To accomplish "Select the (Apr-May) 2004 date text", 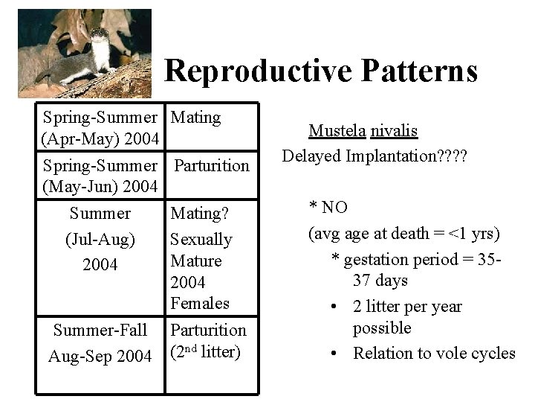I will pyautogui.click(x=100, y=139).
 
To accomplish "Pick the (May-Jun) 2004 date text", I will pyautogui.click(x=100, y=185).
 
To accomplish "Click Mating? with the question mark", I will pyautogui.click(x=199, y=214).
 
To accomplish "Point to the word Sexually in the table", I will pyautogui.click(x=201, y=240).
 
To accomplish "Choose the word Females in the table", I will pyautogui.click(x=200, y=303).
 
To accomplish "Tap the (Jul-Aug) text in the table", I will pyautogui.click(x=100, y=240).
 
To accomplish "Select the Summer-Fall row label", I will pyautogui.click(x=100, y=329).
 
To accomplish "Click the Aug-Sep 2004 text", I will pyautogui.click(x=100, y=356).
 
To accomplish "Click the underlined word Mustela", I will pyautogui.click(x=336, y=132).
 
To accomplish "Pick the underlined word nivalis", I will pyautogui.click(x=393, y=132).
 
